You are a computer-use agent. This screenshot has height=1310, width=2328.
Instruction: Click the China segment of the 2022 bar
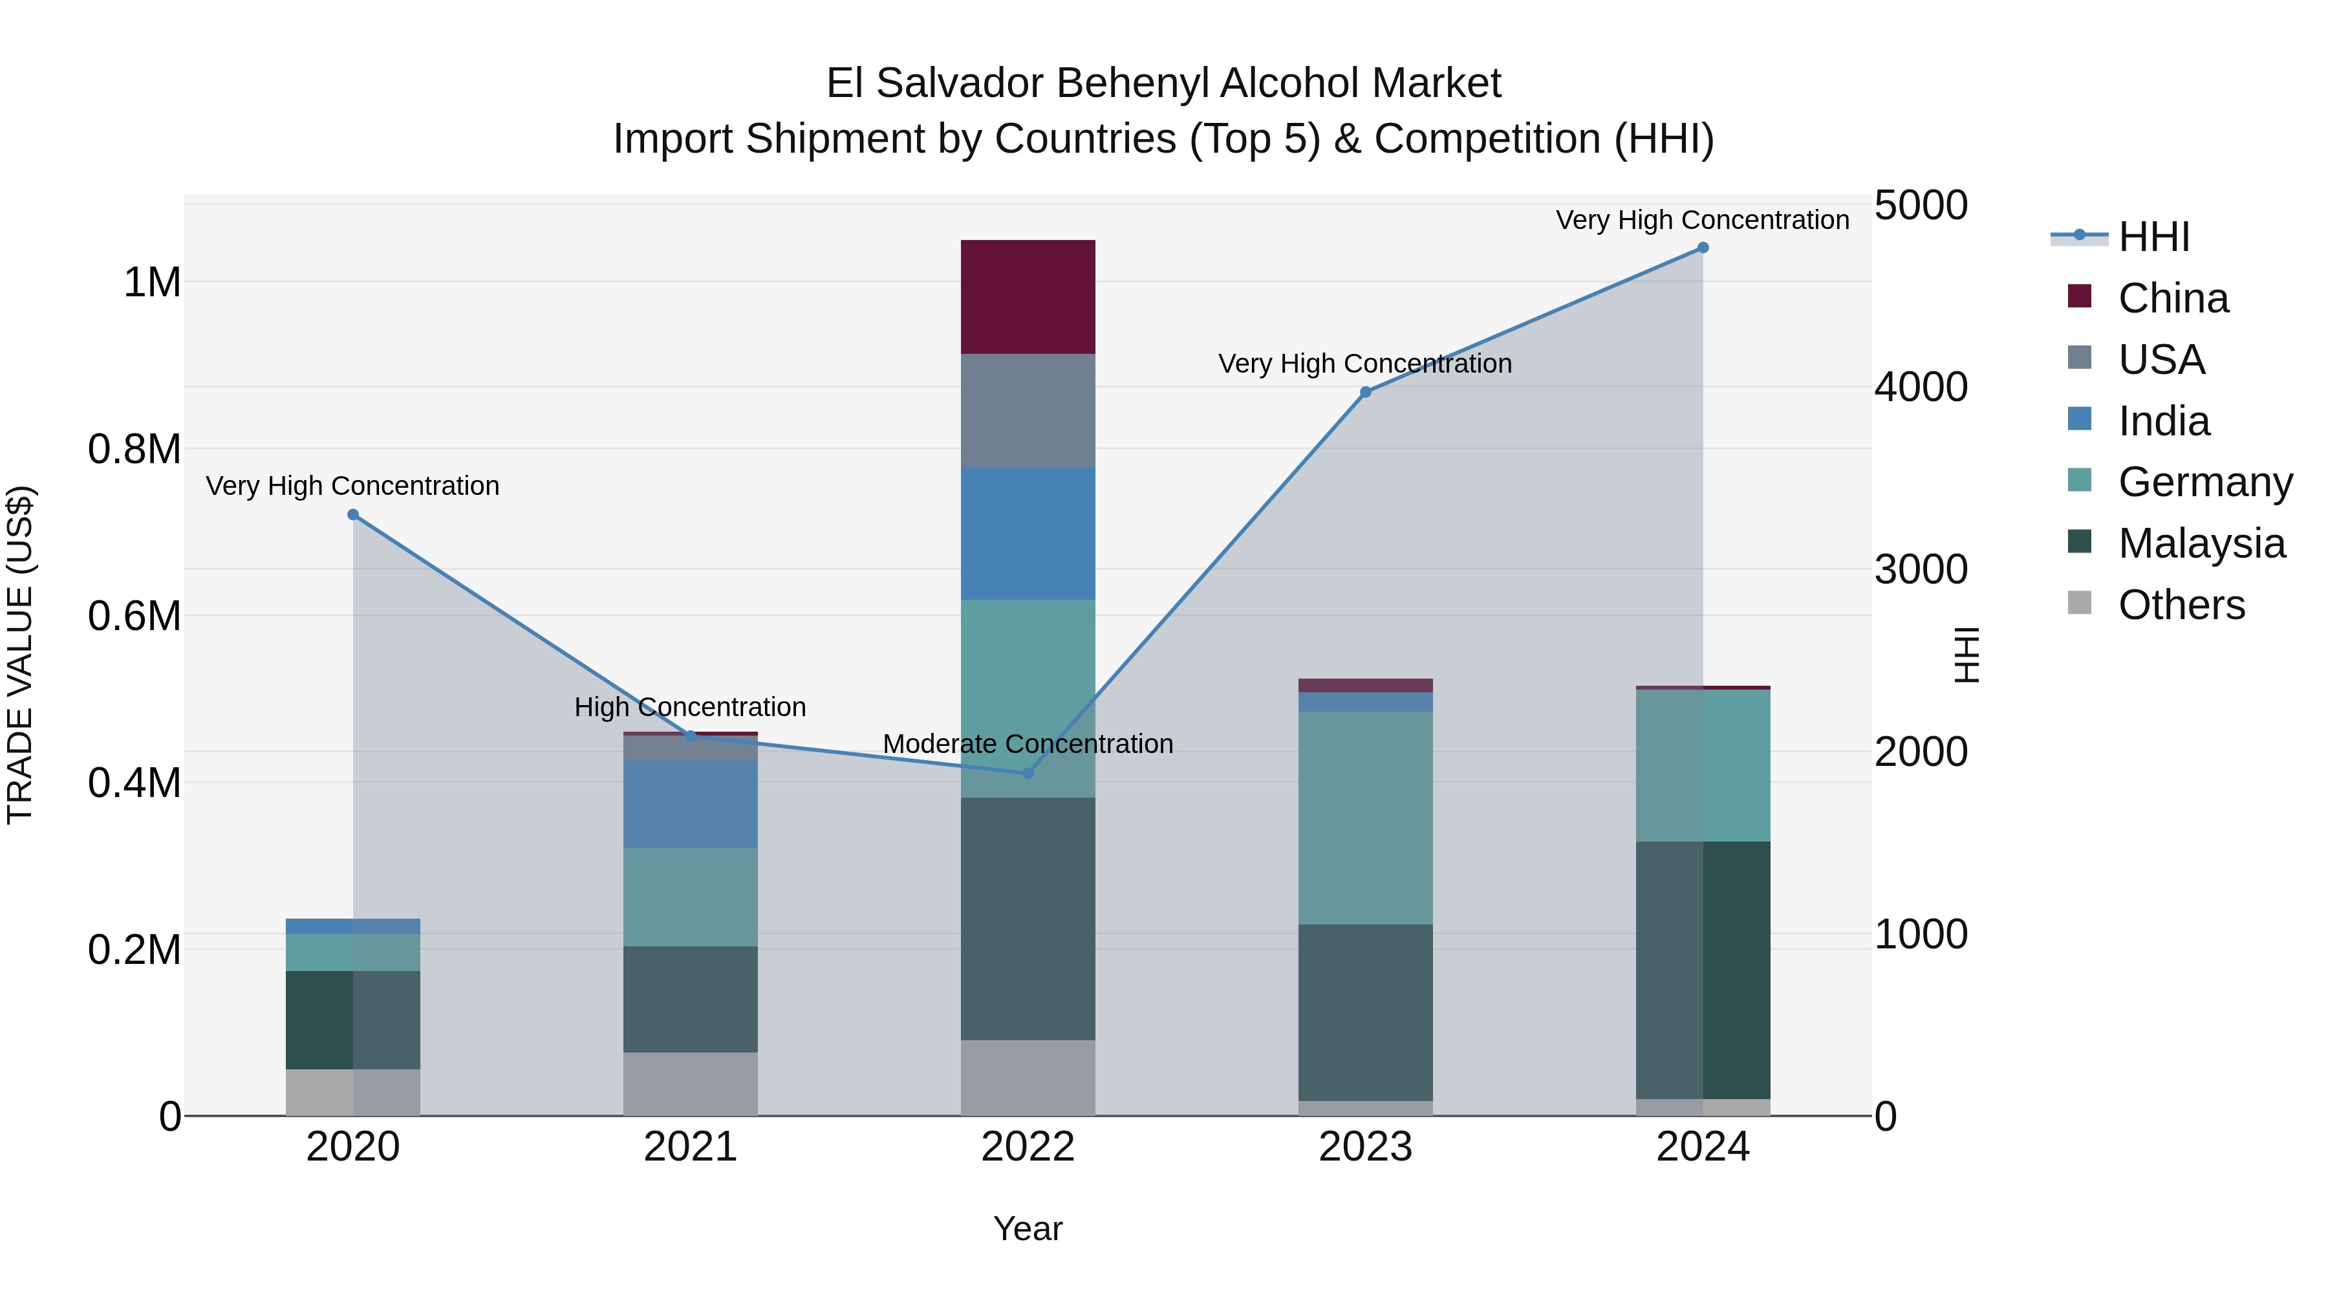1028,296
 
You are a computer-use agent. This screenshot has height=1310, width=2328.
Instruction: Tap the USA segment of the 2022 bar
1028,410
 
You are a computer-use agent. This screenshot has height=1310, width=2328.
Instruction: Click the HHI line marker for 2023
1366,393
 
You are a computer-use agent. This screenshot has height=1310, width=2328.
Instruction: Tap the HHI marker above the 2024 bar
1703,248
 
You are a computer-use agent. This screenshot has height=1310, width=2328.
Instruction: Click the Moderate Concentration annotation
1028,744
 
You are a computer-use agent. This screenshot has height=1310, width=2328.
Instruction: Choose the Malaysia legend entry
2201,543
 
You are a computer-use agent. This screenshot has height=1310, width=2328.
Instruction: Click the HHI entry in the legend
2153,237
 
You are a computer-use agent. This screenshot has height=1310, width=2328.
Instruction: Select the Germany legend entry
2205,482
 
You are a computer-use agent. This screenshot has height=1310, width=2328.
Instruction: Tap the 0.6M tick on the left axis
135,616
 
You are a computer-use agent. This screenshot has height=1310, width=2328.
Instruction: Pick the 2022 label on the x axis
1028,1147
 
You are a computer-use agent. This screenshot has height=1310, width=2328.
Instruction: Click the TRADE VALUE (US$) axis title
21,655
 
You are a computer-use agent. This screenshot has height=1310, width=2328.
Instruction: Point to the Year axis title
1028,1228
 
